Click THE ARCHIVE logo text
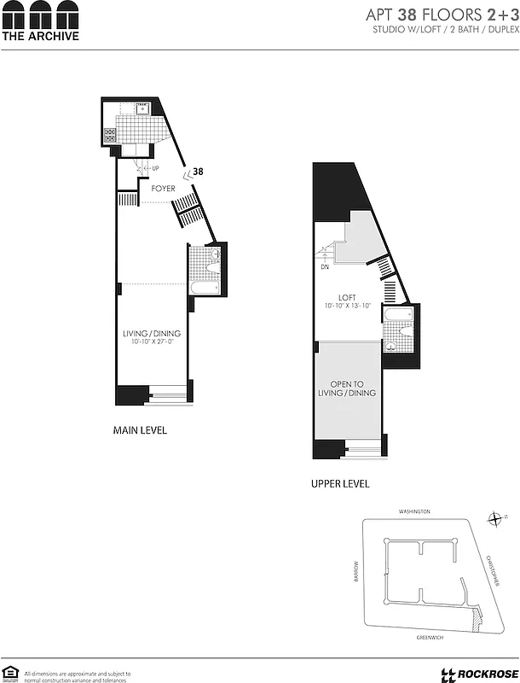tap(40, 36)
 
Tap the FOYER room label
tap(163, 188)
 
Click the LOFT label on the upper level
tap(345, 297)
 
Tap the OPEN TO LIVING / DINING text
tap(347, 388)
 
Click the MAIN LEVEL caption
tap(140, 430)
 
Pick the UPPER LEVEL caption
tap(340, 483)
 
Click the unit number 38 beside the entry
tap(198, 172)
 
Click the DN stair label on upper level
tap(325, 266)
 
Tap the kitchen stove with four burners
tap(110, 135)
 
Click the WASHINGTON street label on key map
tap(414, 511)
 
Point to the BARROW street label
tap(356, 569)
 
